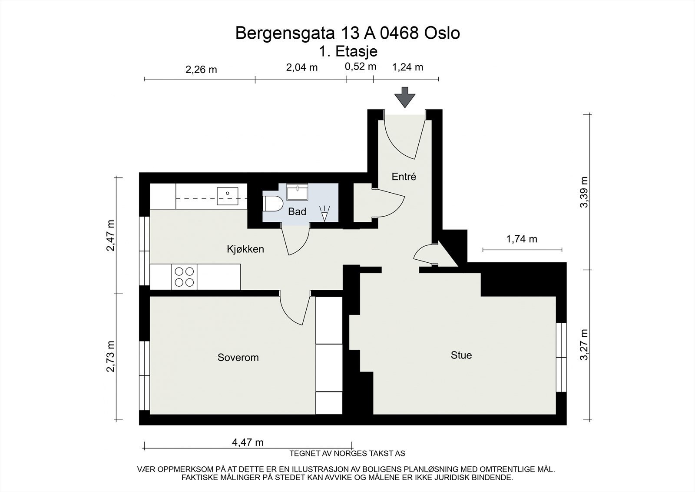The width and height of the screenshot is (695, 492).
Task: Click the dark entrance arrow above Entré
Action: click(404, 97)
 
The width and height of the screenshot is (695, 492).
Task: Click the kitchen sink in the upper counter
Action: click(228, 196)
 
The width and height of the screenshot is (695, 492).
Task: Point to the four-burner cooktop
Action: click(184, 277)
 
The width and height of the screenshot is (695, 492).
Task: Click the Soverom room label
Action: click(238, 358)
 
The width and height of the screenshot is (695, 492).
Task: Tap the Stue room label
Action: click(461, 355)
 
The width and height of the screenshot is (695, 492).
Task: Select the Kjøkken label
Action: click(245, 249)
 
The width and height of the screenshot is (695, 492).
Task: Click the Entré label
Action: click(404, 177)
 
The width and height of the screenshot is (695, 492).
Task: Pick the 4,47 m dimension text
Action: click(248, 443)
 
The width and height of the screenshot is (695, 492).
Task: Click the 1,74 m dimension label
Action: click(522, 239)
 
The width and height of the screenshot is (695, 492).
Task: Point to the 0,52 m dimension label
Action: click(360, 67)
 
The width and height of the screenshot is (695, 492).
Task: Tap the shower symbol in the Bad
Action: click(324, 214)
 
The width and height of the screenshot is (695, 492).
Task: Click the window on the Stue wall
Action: click(561, 357)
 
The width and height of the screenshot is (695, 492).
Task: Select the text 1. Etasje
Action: click(348, 51)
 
